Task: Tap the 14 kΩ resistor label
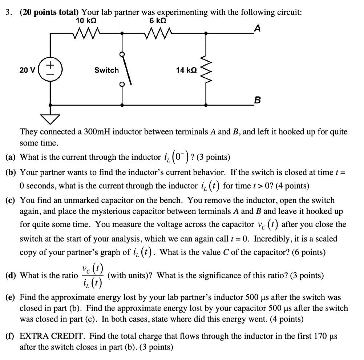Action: pyautogui.click(x=187, y=70)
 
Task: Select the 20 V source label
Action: pyautogui.click(x=27, y=70)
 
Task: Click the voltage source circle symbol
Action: pyautogui.click(x=50, y=69)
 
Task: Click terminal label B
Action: pyautogui.click(x=257, y=99)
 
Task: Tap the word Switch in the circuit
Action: pyautogui.click(x=106, y=70)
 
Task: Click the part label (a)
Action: pyautogui.click(x=11, y=157)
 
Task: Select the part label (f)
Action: pyautogui.click(x=11, y=336)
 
